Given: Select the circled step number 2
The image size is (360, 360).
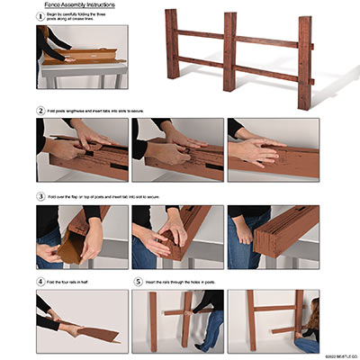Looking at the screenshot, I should point(40,111).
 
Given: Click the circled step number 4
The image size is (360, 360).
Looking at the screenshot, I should point(40,282).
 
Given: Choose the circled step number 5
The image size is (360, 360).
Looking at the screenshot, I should point(137,282).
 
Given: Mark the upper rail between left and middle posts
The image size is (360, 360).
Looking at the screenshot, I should point(200,35).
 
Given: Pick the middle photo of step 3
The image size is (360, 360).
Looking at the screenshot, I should point(178,237).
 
